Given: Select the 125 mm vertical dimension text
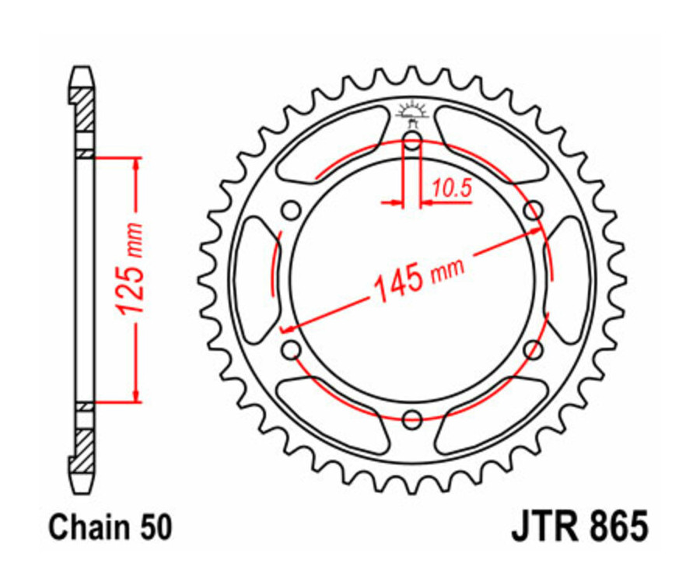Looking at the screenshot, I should coord(131,268).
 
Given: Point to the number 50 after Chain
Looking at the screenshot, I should coord(153,527).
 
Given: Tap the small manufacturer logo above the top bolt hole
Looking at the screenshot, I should coord(412,111).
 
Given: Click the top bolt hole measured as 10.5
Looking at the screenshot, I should coord(412,141).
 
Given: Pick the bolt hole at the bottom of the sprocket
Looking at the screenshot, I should coord(412,421).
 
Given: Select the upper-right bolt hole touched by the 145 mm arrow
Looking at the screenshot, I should coord(534,210).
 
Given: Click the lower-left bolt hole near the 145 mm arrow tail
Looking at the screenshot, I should coord(291,351).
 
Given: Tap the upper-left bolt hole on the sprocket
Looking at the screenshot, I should coord(291,210).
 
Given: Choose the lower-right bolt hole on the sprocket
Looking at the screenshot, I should coord(534,351).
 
